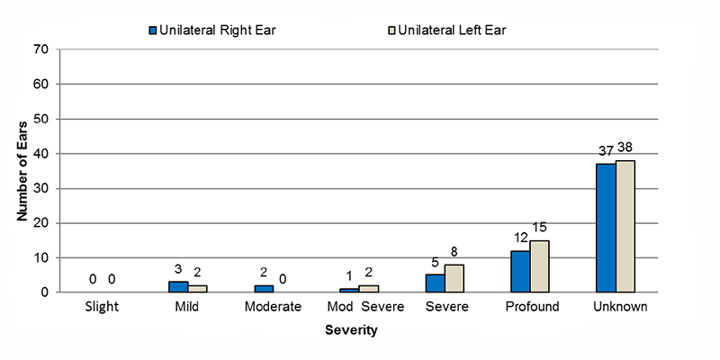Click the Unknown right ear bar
pyautogui.click(x=606, y=228)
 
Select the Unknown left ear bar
pyautogui.click(x=625, y=226)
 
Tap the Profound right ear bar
pyautogui.click(x=520, y=272)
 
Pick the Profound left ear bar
pyautogui.click(x=540, y=266)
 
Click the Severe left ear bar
pyautogui.click(x=454, y=278)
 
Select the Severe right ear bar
pyautogui.click(x=435, y=283)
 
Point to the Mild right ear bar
pyautogui.click(x=178, y=287)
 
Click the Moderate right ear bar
pyautogui.click(x=264, y=289)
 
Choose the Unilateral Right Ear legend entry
pyautogui.click(x=211, y=31)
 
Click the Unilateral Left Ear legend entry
pyautogui.click(x=446, y=31)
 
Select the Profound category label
pyautogui.click(x=531, y=307)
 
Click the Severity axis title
pyautogui.click(x=352, y=330)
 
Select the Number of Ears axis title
pyautogui.click(x=22, y=171)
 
